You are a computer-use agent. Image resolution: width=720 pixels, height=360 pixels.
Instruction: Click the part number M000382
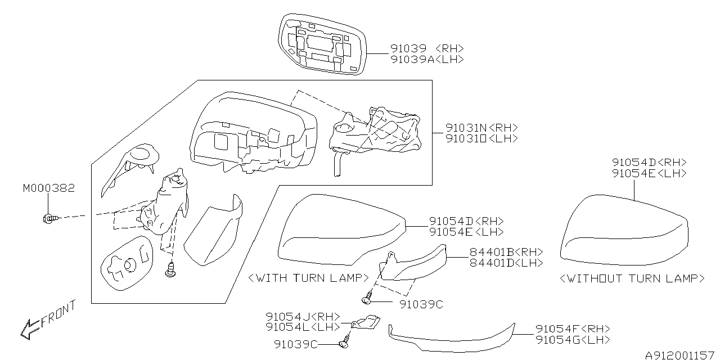click(48, 188)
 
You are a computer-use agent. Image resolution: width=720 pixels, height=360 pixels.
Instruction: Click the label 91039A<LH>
click(427, 59)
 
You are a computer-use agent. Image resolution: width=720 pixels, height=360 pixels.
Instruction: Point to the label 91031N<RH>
click(481, 128)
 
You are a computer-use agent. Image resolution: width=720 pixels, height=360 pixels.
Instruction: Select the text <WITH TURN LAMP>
click(308, 278)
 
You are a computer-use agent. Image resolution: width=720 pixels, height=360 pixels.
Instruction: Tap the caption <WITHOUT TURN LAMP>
click(632, 278)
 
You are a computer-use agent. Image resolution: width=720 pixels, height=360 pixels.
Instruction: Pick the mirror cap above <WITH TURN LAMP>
click(341, 231)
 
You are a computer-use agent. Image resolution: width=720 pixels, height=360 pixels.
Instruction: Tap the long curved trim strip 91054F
click(450, 338)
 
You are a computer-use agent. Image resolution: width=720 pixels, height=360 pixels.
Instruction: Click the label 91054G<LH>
click(573, 340)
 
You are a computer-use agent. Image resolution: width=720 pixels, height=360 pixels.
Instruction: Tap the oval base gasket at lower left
click(127, 263)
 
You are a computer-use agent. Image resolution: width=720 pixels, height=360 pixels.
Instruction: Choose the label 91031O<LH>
click(481, 138)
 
